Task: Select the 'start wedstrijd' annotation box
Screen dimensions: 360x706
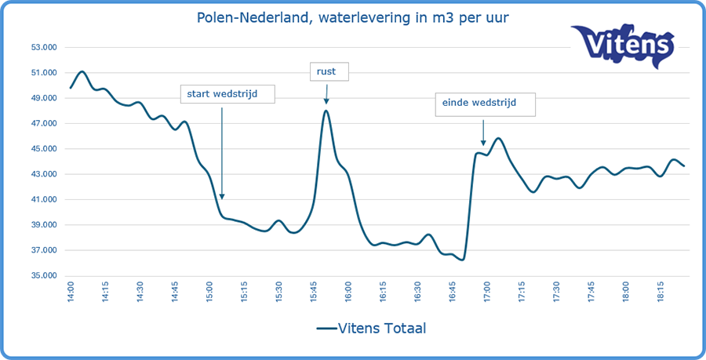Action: (228, 94)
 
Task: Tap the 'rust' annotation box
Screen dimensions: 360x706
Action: (327, 72)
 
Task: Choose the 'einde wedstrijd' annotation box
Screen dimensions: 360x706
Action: (486, 104)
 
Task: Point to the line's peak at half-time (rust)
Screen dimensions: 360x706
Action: (326, 111)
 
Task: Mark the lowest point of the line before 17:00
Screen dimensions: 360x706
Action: (463, 260)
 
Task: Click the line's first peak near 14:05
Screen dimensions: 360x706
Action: (82, 71)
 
